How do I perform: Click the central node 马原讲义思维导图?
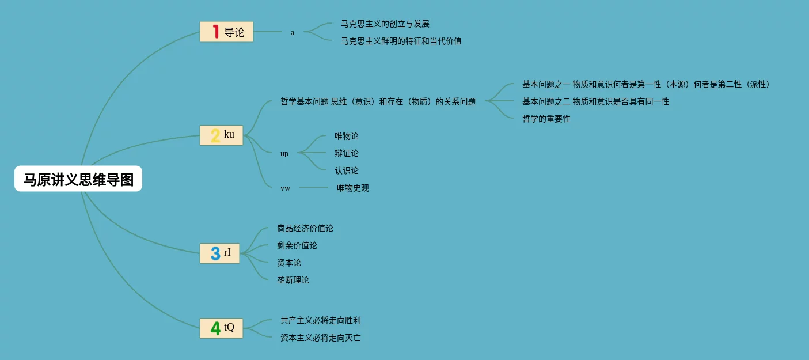tap(78, 179)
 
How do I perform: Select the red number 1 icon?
tap(215, 32)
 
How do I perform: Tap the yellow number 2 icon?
tap(215, 136)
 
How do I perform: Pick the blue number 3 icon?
tap(215, 253)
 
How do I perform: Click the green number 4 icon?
tap(215, 328)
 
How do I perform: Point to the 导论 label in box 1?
tap(234, 32)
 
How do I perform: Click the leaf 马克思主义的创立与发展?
tap(385, 24)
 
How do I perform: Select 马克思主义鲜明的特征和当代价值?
tap(401, 41)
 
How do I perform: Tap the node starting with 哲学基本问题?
tap(378, 102)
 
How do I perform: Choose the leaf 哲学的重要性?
tap(546, 119)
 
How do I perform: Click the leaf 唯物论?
tap(347, 137)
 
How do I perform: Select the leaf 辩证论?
tap(347, 154)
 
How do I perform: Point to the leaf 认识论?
tap(347, 171)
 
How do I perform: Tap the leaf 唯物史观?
tap(353, 188)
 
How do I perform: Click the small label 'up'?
tap(284, 154)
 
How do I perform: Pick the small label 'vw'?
tap(286, 188)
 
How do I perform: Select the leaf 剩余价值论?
tap(297, 246)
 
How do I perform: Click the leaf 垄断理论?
tap(293, 281)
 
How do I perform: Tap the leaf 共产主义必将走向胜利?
tap(321, 321)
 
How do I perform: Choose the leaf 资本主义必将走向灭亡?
tap(321, 338)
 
